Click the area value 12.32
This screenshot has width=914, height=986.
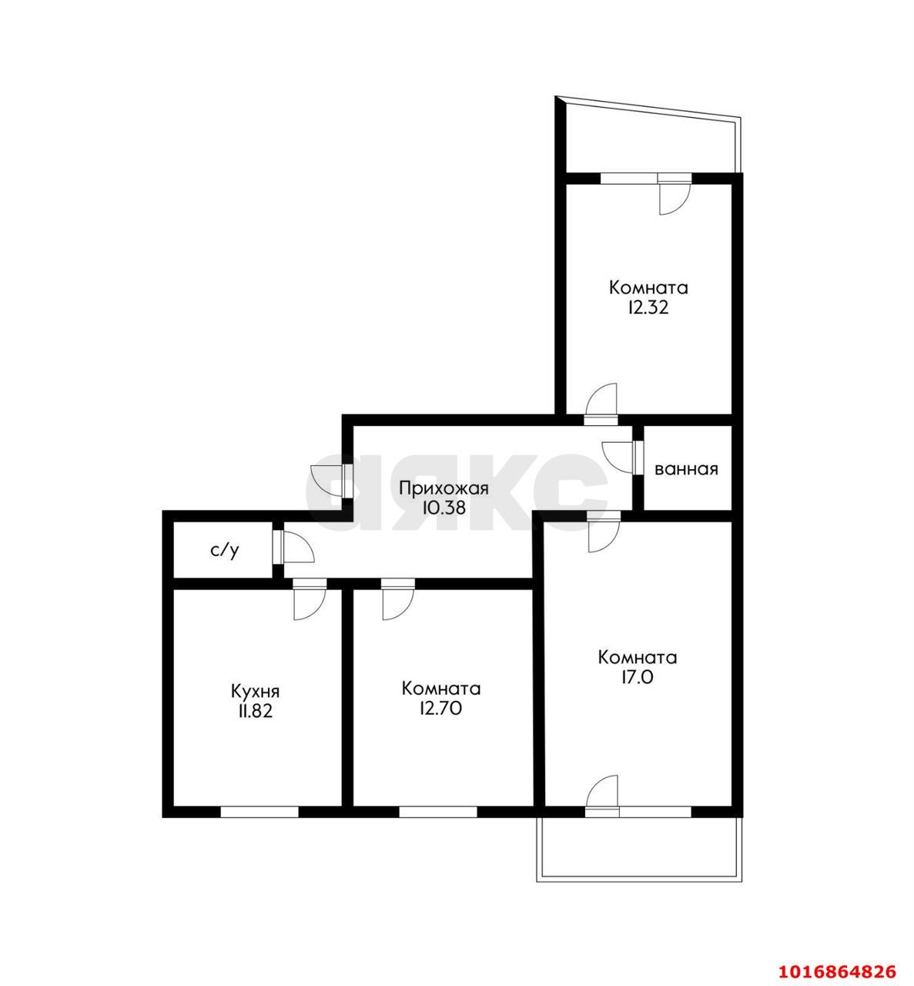pos(648,308)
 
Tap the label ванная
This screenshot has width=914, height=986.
pos(687,469)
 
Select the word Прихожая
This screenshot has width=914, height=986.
pos(444,488)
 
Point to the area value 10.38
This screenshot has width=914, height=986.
pos(444,508)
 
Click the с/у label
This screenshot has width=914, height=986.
pos(226,551)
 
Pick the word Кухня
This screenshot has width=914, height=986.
pos(255,692)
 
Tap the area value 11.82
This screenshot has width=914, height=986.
pos(255,712)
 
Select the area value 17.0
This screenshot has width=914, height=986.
pos(638,677)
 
